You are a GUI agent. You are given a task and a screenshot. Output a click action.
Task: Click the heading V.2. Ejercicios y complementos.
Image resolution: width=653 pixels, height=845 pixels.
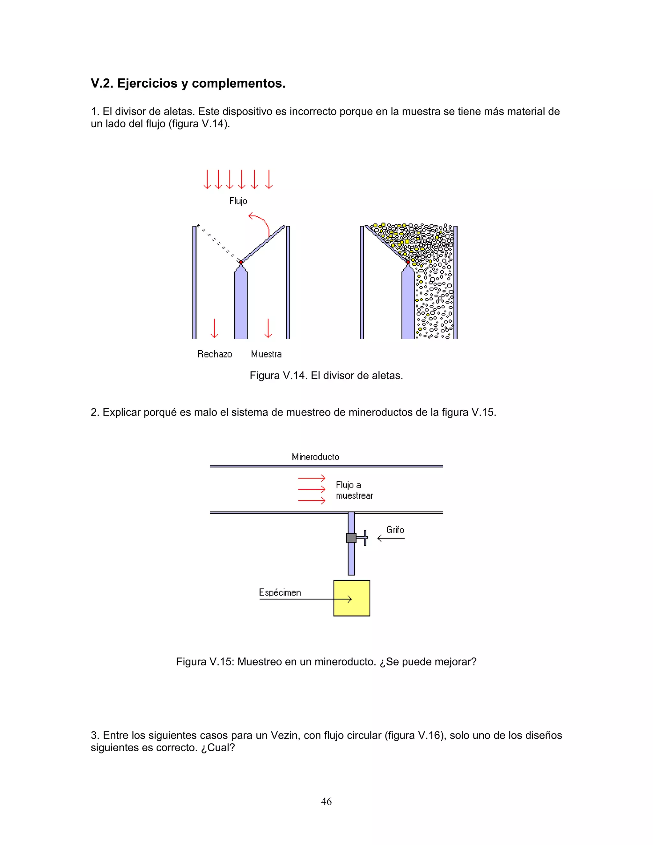[x=188, y=84]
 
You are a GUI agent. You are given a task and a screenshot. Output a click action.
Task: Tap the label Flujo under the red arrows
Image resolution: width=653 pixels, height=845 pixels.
[x=238, y=201]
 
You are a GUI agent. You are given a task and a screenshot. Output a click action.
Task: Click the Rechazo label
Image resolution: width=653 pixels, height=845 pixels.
[x=214, y=354]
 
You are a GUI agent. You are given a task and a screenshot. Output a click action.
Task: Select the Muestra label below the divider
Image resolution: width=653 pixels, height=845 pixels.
[x=266, y=354]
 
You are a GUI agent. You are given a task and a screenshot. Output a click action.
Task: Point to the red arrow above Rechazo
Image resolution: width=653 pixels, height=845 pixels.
[x=214, y=328]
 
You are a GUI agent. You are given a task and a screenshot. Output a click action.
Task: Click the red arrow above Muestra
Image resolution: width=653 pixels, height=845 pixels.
[x=268, y=328]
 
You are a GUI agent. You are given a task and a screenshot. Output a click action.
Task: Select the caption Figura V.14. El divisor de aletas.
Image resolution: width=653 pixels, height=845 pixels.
[x=326, y=375]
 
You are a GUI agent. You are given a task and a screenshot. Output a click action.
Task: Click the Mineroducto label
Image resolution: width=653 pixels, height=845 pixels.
[x=315, y=457]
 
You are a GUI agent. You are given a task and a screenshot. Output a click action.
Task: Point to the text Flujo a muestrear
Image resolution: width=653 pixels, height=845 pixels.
[x=354, y=490]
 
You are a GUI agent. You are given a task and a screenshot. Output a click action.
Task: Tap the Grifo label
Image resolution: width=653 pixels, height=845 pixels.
[x=395, y=530]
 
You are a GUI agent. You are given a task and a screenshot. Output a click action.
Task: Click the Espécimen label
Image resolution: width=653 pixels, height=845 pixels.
[x=280, y=592]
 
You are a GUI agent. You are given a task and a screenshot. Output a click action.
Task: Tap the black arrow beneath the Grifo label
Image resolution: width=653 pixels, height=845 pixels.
[x=391, y=538]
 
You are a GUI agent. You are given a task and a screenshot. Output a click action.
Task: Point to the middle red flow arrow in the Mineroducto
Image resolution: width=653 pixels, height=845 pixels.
[x=312, y=489]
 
